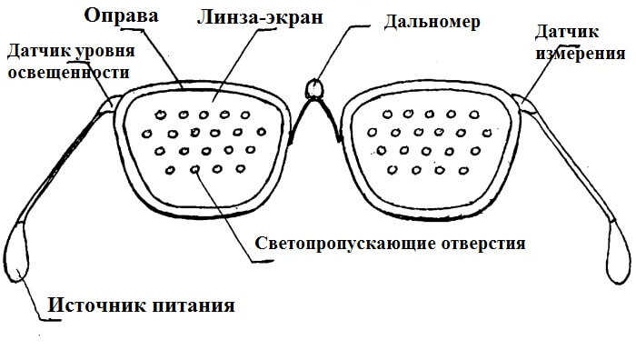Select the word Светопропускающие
(x=335, y=245)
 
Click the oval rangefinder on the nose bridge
(x=315, y=88)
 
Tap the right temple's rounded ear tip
(x=616, y=251)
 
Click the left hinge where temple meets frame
(x=116, y=100)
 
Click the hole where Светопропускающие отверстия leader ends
(x=194, y=169)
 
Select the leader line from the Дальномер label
(x=341, y=41)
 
